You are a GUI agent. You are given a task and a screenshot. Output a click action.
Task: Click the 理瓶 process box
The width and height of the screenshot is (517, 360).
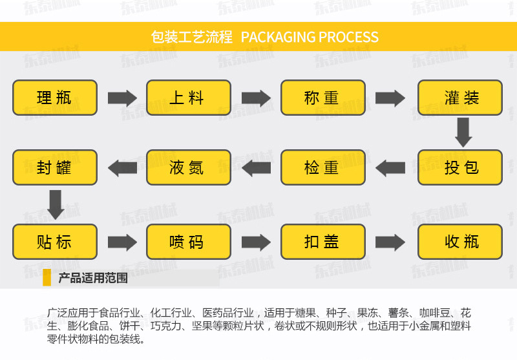point(55,98)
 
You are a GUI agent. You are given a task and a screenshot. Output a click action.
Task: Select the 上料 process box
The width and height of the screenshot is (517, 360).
point(188,98)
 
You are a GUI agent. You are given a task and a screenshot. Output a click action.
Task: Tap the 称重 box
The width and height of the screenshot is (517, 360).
point(322,98)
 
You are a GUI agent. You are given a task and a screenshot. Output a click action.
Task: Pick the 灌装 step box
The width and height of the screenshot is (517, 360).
point(459,98)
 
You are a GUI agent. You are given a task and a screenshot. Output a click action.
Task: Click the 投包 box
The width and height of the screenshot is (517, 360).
point(459,167)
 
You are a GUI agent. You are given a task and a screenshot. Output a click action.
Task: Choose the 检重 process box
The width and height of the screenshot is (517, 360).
point(322,167)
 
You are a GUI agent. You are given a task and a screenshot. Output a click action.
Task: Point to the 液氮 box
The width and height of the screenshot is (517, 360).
point(188,167)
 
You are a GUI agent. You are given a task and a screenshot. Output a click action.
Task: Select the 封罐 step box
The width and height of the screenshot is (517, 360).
point(55,167)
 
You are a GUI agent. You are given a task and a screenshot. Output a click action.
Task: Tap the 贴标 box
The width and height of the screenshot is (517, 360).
point(55,242)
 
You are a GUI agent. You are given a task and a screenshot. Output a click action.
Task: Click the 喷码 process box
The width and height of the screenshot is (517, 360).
point(188,242)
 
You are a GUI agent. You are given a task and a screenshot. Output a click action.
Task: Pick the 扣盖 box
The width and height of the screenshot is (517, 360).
point(322,242)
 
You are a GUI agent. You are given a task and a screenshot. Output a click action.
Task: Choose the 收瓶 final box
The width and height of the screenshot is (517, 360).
point(459,242)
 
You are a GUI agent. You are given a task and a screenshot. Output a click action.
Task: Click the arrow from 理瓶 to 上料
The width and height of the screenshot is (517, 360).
point(121,98)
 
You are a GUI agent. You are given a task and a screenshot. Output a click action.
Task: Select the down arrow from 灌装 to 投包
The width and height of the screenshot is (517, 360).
point(463,132)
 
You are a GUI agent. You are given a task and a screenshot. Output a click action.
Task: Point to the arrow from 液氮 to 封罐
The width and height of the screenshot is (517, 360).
point(121,168)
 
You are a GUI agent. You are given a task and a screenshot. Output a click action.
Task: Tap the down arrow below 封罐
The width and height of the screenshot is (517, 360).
point(56,204)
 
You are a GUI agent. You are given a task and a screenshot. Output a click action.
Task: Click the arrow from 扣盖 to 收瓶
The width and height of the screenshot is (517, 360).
point(390,242)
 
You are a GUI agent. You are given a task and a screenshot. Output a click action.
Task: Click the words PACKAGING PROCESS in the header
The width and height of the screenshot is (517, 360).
point(310,36)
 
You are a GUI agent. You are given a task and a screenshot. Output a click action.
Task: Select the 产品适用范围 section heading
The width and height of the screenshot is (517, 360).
point(92,279)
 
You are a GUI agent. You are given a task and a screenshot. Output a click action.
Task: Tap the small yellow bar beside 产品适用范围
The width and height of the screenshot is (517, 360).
point(47,278)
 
